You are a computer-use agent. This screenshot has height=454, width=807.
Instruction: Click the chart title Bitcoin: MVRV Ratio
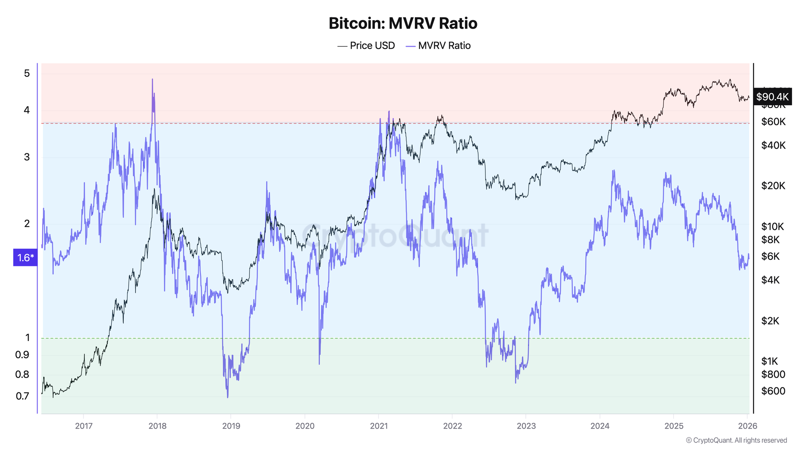click(x=403, y=23)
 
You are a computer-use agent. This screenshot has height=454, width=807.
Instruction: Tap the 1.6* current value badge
click(x=25, y=257)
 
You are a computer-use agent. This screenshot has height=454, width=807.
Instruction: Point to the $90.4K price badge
click(x=772, y=97)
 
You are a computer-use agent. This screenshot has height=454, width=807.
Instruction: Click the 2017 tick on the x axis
click(x=84, y=426)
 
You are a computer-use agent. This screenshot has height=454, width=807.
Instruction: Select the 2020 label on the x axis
click(x=305, y=426)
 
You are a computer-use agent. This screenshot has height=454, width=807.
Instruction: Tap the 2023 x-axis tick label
click(x=526, y=426)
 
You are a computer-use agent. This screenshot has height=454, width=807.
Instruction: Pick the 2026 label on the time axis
click(x=747, y=426)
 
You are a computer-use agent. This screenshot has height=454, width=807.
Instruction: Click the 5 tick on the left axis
click(x=27, y=73)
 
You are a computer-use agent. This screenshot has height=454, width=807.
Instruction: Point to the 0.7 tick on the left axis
click(x=23, y=396)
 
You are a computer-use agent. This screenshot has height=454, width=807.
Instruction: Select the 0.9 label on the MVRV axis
click(x=23, y=355)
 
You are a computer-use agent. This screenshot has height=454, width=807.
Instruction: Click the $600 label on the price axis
click(x=773, y=391)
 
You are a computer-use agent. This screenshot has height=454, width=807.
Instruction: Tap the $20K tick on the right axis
click(x=773, y=186)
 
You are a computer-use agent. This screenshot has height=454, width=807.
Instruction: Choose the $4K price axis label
click(x=770, y=280)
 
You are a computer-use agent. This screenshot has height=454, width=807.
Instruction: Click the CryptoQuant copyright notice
click(x=736, y=440)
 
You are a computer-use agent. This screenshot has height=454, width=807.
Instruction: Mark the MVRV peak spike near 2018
click(x=152, y=80)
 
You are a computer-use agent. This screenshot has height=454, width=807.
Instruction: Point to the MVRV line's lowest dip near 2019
click(x=228, y=397)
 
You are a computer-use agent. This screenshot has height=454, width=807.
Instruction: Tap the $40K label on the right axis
click(x=773, y=145)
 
